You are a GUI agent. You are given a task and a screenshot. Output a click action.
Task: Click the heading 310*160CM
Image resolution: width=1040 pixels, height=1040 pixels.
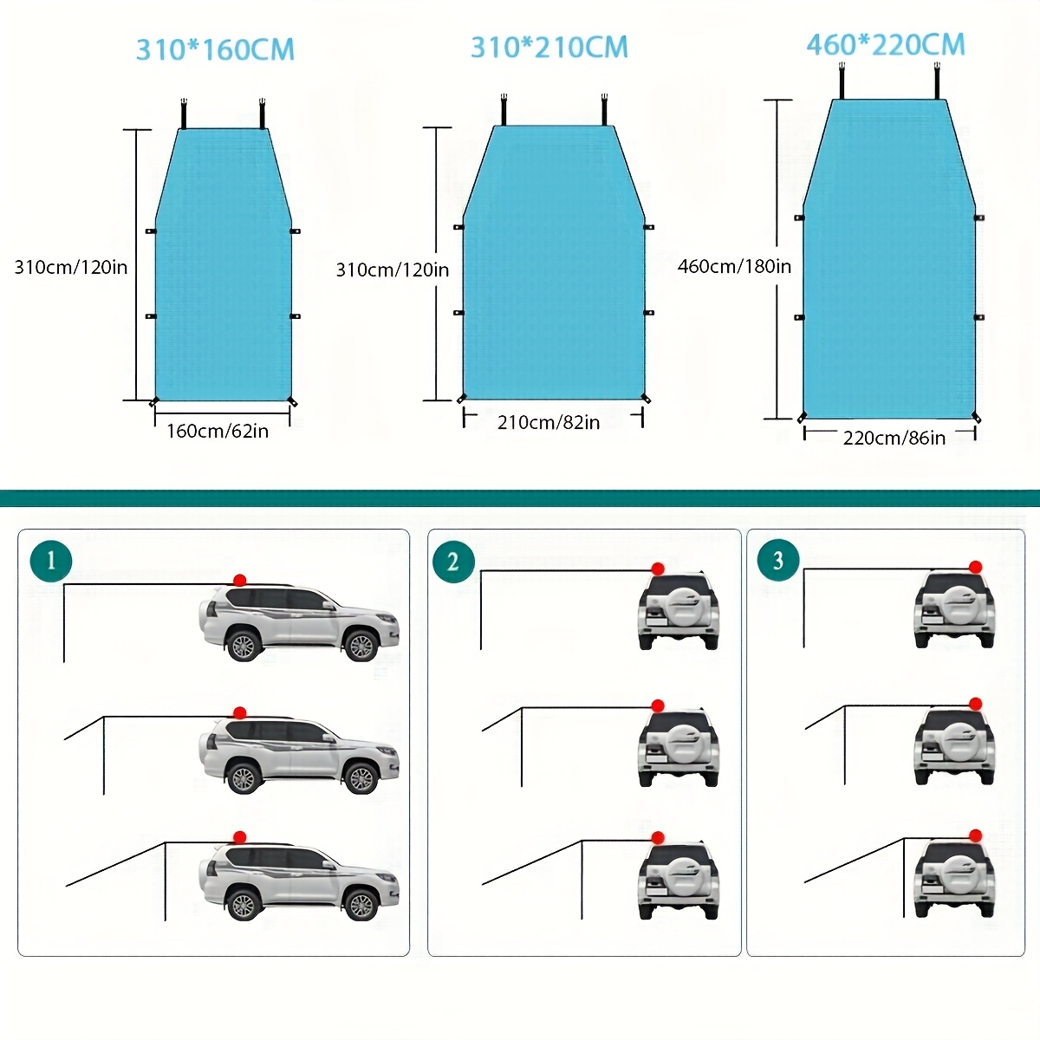coord(215,49)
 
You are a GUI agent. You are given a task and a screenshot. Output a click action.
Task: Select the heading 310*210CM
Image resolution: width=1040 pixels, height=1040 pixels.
coord(549,47)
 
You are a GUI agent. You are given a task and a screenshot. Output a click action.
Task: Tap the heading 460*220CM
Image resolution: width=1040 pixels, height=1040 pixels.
coord(885,44)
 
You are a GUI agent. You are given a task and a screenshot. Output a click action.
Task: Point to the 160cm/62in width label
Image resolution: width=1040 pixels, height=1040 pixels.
coord(218,431)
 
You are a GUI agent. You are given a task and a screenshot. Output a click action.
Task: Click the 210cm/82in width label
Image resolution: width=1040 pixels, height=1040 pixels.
coord(549,422)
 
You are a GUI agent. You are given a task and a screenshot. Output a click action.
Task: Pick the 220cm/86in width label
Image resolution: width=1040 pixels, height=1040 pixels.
coord(894,438)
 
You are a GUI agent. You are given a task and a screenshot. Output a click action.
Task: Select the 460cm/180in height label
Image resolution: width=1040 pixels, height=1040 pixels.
coord(734,266)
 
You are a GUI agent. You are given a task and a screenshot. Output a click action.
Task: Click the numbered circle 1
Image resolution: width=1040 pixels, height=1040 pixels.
coord(50,560)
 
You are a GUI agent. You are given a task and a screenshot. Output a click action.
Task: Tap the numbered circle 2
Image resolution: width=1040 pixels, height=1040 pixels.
coord(453,562)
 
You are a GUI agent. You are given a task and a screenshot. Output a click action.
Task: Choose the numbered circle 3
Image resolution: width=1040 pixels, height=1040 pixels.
coord(777,560)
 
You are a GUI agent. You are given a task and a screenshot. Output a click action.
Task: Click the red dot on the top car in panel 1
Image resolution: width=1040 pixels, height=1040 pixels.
coord(240,579)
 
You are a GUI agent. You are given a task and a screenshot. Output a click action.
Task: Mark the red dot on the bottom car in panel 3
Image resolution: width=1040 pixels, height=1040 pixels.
coord(976,836)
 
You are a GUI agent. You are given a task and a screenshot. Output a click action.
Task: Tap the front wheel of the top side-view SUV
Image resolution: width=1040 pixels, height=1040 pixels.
coord(361,644)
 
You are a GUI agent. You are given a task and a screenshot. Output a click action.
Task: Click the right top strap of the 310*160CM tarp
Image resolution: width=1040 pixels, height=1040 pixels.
coord(261,114)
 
